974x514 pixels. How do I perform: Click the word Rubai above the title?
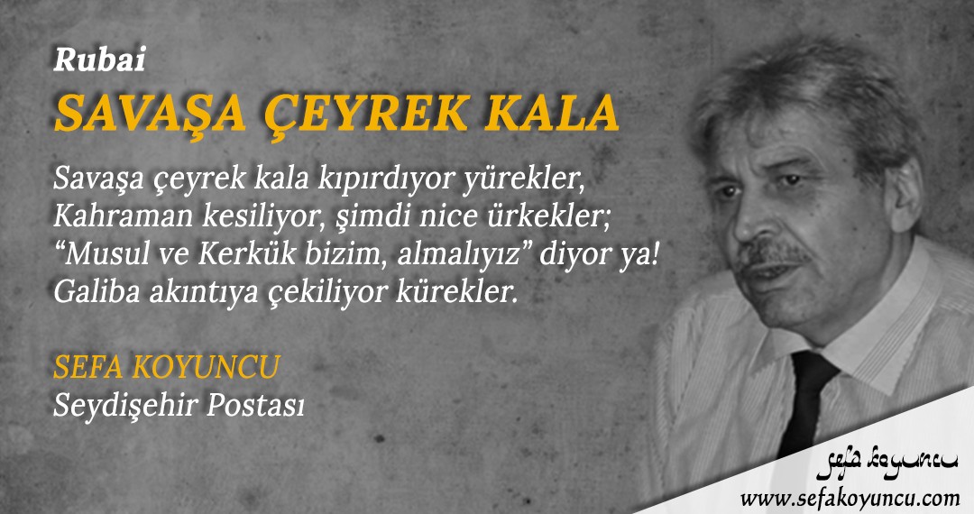99,60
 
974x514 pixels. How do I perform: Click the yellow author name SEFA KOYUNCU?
167,366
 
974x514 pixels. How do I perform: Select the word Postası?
255,405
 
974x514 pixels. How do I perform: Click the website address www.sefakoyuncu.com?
850,497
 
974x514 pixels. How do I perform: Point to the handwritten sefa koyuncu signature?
887,464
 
